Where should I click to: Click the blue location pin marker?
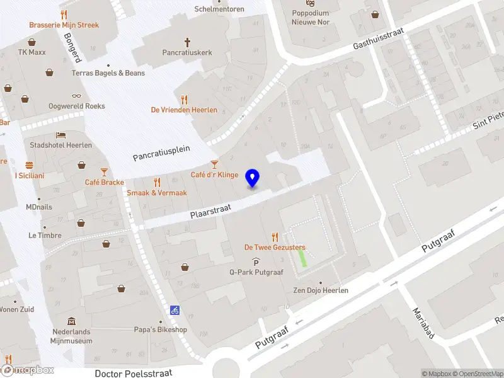tap(253, 178)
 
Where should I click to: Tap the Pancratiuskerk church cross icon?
tap(187, 42)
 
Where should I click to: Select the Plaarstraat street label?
tap(211, 210)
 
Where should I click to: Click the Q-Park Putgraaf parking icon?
tap(256, 262)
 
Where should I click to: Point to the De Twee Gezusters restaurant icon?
tap(275, 237)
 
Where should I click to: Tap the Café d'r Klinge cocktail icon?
tap(214, 164)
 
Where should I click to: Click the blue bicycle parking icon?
tap(175, 310)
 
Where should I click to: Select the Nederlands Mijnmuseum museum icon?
tap(71, 321)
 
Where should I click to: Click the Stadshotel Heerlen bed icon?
tap(60, 135)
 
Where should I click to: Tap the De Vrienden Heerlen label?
tap(184, 110)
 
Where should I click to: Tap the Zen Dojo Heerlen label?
tap(321, 290)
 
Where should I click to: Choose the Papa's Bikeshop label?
tap(161, 329)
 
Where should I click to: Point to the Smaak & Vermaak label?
tap(157, 193)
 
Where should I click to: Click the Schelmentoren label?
tap(219, 9)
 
